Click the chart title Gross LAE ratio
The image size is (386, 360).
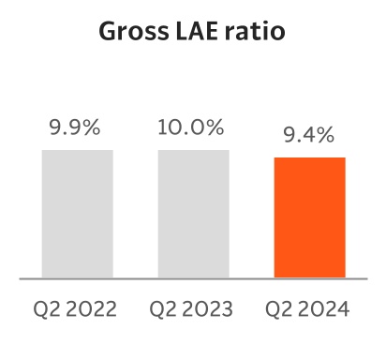(x=192, y=35)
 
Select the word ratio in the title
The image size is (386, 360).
(x=254, y=35)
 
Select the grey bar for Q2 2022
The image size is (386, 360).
(x=78, y=214)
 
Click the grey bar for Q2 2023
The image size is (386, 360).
(x=193, y=214)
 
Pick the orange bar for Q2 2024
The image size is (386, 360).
(x=309, y=217)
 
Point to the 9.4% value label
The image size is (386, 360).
(x=309, y=136)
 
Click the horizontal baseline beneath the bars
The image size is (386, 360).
(x=193, y=278)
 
